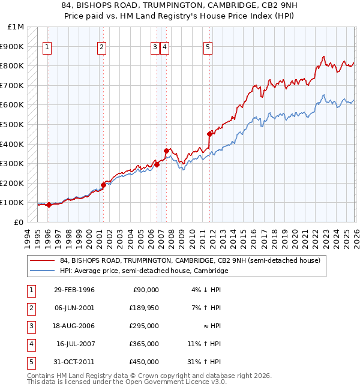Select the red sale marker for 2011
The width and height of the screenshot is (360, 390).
(210, 134)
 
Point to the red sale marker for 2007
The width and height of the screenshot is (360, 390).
(166, 151)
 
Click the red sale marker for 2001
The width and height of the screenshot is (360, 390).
(103, 185)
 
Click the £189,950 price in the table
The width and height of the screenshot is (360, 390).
(143, 308)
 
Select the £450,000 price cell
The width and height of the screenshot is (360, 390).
(143, 362)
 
